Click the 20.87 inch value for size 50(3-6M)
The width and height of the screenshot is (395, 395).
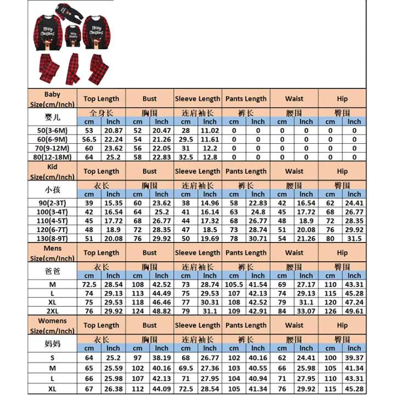(114, 131)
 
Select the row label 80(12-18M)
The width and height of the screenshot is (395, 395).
(53, 157)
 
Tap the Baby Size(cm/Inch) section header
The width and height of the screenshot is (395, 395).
(53, 99)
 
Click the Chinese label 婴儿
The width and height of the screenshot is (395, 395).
(53, 117)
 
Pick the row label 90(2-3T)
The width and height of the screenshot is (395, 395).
(53, 203)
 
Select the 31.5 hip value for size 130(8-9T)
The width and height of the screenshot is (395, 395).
(354, 238)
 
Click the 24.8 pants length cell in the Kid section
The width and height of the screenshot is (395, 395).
(258, 212)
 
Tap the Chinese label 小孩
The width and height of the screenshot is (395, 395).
(53, 189)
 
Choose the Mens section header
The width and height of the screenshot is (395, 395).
(53, 252)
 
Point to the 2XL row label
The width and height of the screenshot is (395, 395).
(53, 311)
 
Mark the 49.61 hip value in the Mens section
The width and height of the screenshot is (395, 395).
(354, 311)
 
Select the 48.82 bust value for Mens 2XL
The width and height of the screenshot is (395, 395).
(162, 311)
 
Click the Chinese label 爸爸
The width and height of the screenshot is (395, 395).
(53, 271)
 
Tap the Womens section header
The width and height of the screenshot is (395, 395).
(53, 325)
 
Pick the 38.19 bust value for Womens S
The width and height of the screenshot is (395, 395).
(162, 357)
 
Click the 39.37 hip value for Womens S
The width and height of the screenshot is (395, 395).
(354, 357)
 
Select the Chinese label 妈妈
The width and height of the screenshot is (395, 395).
(53, 343)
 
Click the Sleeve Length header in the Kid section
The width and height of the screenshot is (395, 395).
(198, 171)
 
